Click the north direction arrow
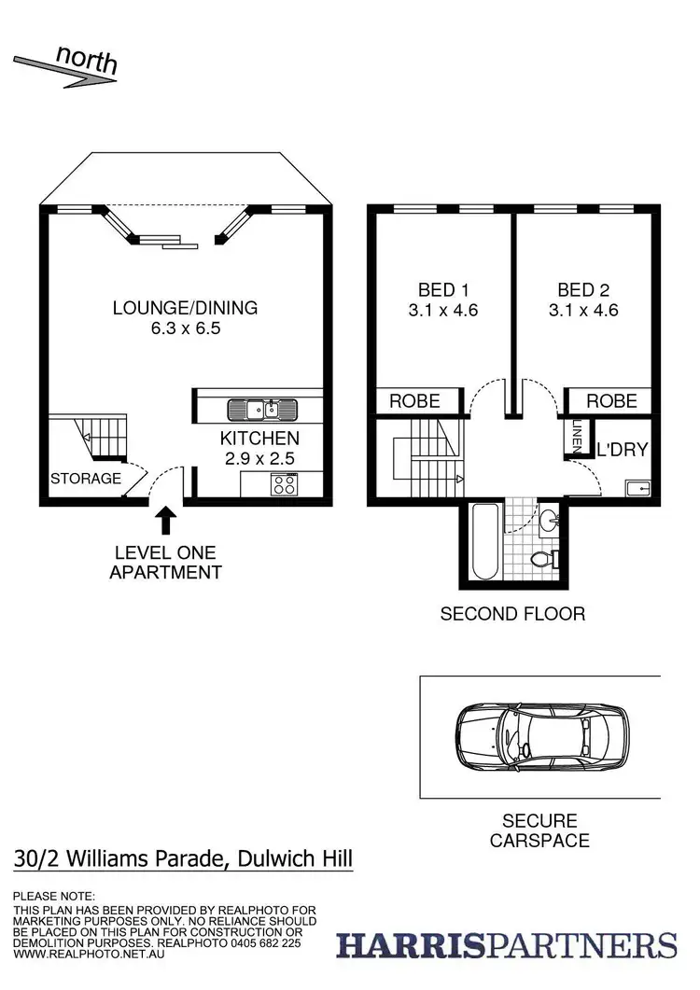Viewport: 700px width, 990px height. (x=65, y=70)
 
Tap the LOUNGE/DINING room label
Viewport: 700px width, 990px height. (x=185, y=307)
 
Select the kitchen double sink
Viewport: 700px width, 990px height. (x=261, y=409)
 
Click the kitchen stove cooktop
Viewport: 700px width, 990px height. (x=283, y=483)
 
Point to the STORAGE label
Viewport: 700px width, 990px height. (x=86, y=480)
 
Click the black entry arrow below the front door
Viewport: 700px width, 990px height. (x=166, y=519)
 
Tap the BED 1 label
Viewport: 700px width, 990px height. (x=442, y=289)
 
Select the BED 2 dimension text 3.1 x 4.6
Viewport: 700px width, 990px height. (x=588, y=311)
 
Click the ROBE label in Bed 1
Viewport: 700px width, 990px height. (x=415, y=401)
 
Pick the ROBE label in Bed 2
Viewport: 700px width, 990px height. (x=612, y=401)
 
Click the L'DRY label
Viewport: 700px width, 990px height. (x=623, y=450)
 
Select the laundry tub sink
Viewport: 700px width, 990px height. (x=639, y=488)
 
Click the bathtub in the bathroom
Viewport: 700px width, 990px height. (x=482, y=543)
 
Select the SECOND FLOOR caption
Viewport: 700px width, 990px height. (x=512, y=614)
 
